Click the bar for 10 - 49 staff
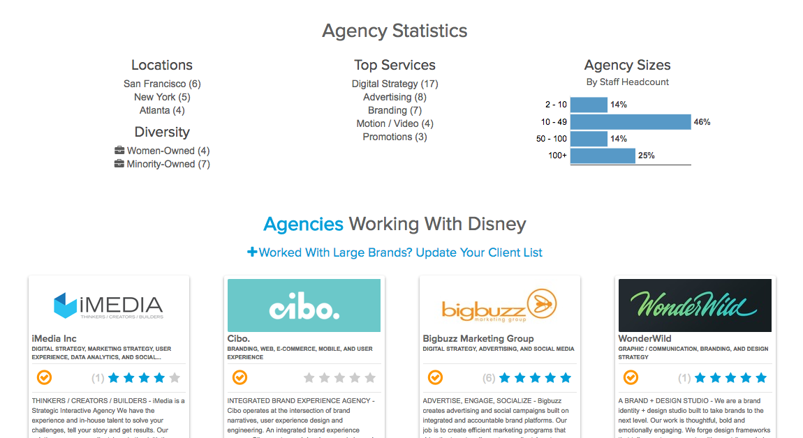[631, 122]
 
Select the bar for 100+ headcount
[603, 156]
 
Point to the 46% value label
[702, 122]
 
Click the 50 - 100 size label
[552, 139]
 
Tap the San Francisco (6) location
[162, 84]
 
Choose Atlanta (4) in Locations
[162, 110]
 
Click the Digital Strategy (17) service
[395, 84]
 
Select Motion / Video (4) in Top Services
[395, 123]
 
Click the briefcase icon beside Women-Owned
[119, 151]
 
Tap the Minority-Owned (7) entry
[168, 164]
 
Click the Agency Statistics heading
[395, 31]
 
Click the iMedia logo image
[108, 305]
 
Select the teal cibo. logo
[304, 305]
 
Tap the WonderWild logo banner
[695, 305]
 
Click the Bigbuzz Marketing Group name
[478, 339]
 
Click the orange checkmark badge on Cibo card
[240, 377]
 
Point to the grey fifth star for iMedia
[175, 378]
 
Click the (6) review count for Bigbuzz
[489, 378]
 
